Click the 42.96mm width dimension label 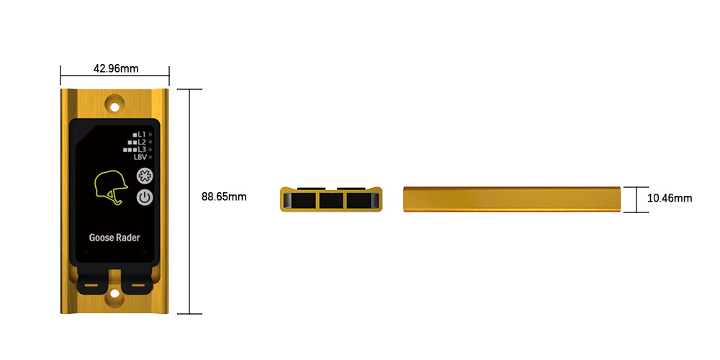116,69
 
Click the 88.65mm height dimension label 224,197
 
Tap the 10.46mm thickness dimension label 670,199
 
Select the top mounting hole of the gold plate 114,107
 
